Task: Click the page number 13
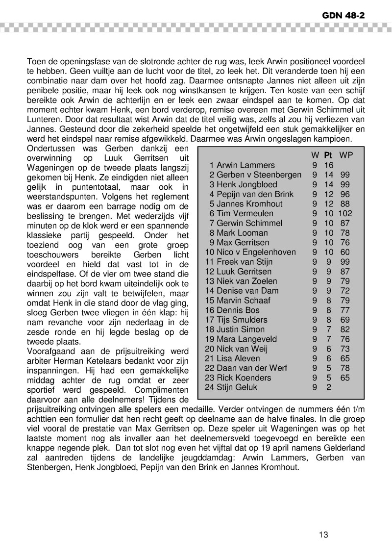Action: [323, 535]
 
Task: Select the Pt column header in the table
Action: [328, 155]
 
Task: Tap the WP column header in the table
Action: [346, 155]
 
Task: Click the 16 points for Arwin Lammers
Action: [328, 165]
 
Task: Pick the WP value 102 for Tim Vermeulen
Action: [345, 213]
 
